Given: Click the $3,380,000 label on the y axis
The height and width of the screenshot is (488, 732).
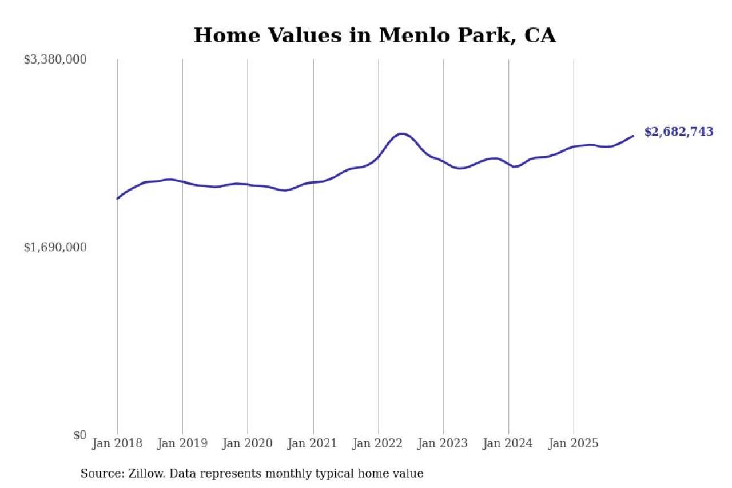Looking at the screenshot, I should [55, 59].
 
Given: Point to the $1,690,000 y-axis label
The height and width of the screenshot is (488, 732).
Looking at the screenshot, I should [55, 247].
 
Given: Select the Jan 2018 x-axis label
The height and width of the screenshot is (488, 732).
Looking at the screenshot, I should [117, 443].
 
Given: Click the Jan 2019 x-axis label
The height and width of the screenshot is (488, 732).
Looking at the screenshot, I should [182, 443].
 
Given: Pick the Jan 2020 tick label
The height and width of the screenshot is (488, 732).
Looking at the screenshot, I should [248, 443].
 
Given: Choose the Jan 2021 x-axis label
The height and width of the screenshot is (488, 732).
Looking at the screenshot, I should [313, 443].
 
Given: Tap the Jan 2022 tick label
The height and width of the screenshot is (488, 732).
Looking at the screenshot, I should [378, 443].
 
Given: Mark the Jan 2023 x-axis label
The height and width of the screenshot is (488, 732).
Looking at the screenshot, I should [443, 443].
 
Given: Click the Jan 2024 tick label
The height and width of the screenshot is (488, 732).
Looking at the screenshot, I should [508, 443].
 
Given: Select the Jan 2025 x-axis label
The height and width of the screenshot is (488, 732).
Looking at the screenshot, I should [574, 443].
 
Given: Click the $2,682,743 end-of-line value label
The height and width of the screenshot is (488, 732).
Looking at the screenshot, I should [678, 132].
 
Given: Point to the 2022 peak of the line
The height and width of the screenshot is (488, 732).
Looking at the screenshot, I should [401, 134].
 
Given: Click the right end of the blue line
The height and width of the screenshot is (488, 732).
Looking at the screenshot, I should [632, 136].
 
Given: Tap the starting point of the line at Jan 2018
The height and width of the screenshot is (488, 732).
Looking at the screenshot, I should [118, 199].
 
